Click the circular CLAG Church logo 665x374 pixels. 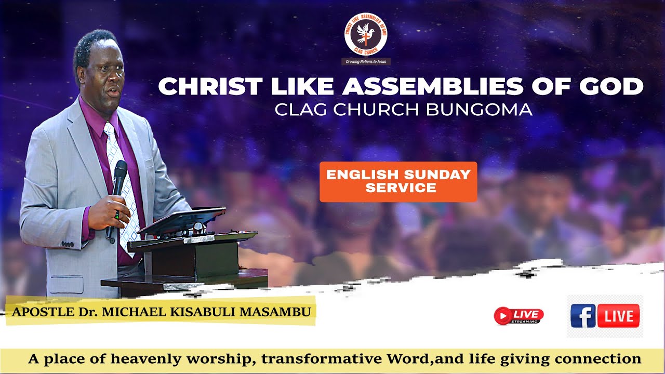pyautogui.click(x=366, y=34)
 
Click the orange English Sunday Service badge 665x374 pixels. pyautogui.click(x=398, y=181)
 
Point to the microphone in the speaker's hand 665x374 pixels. pyautogui.click(x=119, y=179)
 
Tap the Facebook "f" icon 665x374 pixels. pyautogui.click(x=583, y=315)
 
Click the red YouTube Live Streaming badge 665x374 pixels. pyautogui.click(x=518, y=315)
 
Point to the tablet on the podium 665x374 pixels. pyautogui.click(x=182, y=221)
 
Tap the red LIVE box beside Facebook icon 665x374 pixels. pyautogui.click(x=618, y=316)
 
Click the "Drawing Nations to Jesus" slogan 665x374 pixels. pyautogui.click(x=366, y=61)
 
